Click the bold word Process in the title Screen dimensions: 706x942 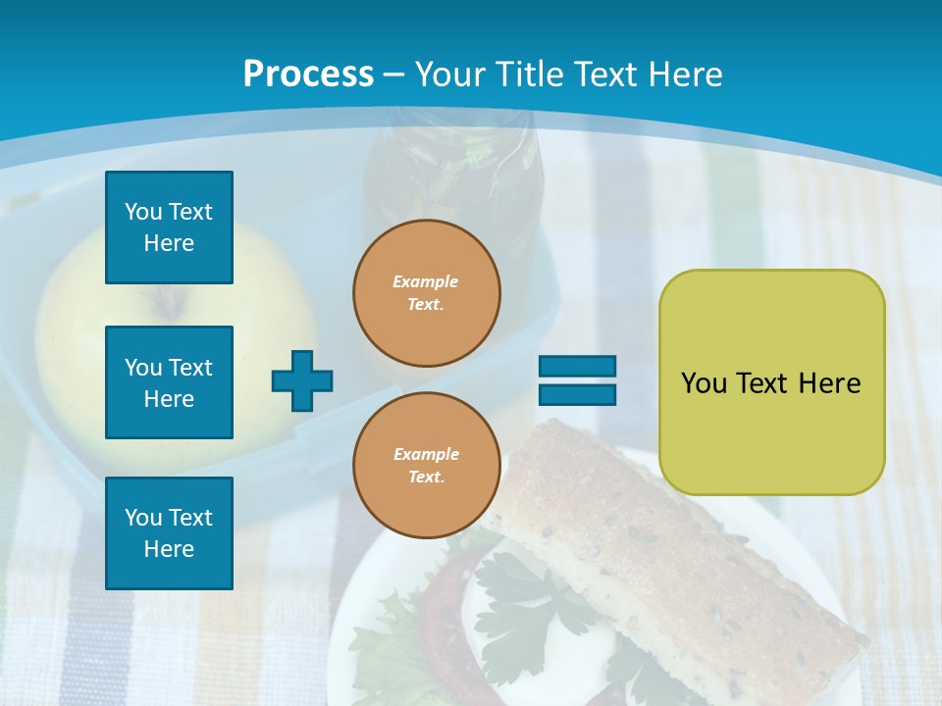click(308, 74)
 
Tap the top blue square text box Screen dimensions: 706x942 click(169, 227)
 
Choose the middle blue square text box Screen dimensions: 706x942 click(169, 382)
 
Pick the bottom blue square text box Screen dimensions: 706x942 click(169, 532)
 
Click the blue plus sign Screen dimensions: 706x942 click(302, 380)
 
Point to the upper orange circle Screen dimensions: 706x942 click(427, 292)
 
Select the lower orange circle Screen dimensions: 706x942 click(427, 465)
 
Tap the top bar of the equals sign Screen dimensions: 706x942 click(577, 366)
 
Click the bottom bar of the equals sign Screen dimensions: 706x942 click(577, 394)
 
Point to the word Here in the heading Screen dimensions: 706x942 click(686, 74)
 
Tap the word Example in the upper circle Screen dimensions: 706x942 click(425, 281)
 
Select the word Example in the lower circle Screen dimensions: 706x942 click(426, 454)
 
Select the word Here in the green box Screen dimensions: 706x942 click(829, 382)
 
